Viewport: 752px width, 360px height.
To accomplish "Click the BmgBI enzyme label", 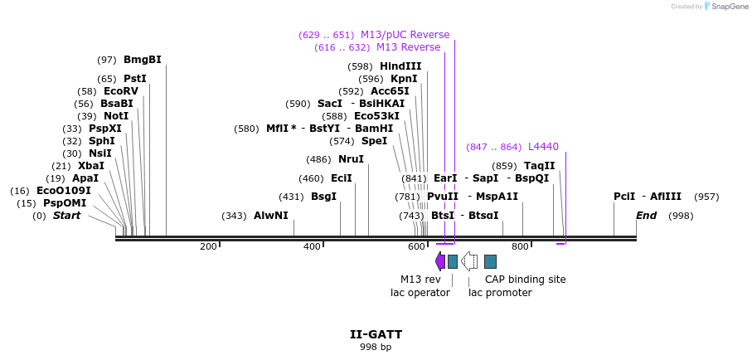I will click(x=142, y=60).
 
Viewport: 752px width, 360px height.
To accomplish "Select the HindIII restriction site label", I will click(x=400, y=66).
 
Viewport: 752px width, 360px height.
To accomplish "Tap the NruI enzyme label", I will click(x=351, y=159).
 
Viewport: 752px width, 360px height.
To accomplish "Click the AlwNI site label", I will click(x=270, y=216).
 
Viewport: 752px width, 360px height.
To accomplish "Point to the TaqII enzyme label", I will click(x=539, y=166).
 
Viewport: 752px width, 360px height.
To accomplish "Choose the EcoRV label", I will click(x=120, y=91).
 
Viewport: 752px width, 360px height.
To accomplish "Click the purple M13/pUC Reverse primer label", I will click(x=405, y=35).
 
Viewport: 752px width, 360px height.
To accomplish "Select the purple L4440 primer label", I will click(x=543, y=147).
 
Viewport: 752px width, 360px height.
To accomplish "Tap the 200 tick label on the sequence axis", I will click(x=208, y=247).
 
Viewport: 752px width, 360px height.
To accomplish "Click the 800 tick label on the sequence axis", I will click(x=520, y=247).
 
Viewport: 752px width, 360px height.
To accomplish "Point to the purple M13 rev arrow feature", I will click(x=440, y=261).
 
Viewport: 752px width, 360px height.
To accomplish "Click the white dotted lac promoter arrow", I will click(x=469, y=261).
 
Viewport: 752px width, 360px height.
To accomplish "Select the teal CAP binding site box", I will click(x=490, y=261).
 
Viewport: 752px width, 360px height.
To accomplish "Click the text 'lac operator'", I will click(x=420, y=293).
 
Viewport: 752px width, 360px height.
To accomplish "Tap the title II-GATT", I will click(x=376, y=335).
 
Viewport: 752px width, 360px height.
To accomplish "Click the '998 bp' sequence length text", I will click(x=376, y=348).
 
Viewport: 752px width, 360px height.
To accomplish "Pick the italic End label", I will click(x=646, y=216).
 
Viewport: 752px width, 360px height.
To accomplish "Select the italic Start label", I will click(x=67, y=216).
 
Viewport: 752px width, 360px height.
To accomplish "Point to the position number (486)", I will click(x=318, y=159).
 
